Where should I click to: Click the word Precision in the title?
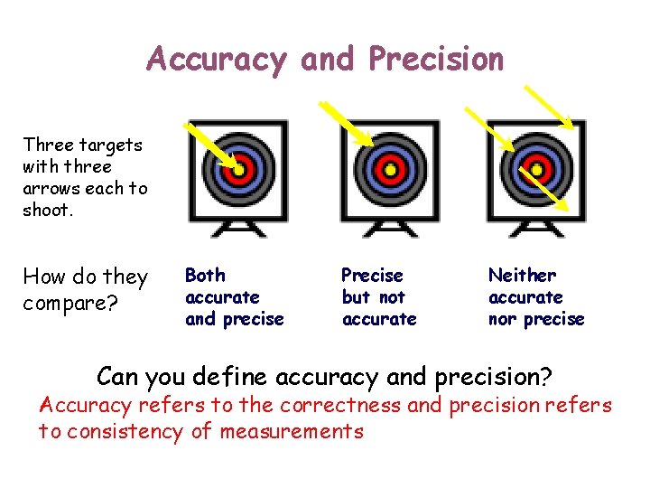pyautogui.click(x=436, y=60)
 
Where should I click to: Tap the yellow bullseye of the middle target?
pyautogui.click(x=390, y=169)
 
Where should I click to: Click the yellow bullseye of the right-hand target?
pyautogui.click(x=536, y=169)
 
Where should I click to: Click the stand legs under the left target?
pyautogui.click(x=239, y=228)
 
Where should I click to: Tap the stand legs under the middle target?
pyautogui.click(x=390, y=228)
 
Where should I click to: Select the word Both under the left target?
pyautogui.click(x=205, y=275)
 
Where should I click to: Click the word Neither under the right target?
pyautogui.click(x=522, y=275)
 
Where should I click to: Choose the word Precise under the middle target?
pyautogui.click(x=372, y=275)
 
